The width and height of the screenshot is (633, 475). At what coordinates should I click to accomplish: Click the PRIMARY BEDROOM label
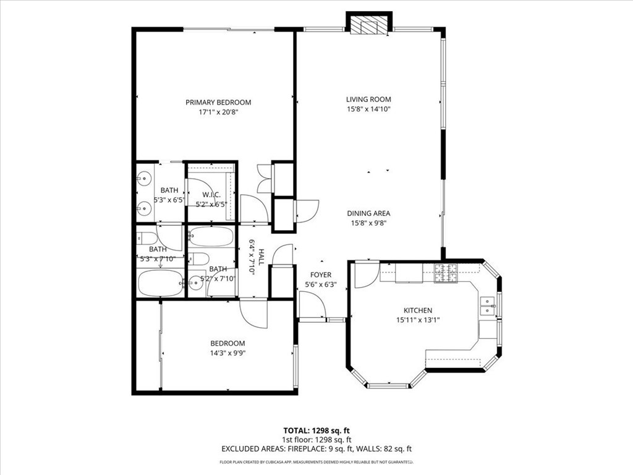(x=218, y=103)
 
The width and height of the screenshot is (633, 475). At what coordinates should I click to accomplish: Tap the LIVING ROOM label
(x=368, y=100)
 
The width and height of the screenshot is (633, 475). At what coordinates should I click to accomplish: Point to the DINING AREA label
(x=368, y=213)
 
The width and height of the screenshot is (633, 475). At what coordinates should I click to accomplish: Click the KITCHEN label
(x=418, y=310)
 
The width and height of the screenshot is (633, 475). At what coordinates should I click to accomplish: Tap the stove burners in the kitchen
(x=446, y=273)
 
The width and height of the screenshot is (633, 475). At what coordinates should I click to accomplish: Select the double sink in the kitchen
(x=487, y=306)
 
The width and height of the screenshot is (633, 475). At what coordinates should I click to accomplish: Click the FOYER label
(x=321, y=275)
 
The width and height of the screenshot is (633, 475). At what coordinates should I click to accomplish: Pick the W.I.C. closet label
(x=211, y=195)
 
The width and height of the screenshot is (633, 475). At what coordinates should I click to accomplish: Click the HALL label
(x=261, y=257)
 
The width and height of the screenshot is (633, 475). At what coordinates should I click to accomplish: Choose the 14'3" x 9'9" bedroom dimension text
(x=227, y=353)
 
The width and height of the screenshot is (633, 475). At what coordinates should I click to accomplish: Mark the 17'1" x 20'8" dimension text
(x=218, y=113)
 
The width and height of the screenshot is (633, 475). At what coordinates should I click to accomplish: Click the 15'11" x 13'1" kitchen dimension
(x=418, y=320)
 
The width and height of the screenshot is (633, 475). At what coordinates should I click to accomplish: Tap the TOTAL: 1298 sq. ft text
(x=316, y=430)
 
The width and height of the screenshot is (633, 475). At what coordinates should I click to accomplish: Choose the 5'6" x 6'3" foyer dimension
(x=321, y=285)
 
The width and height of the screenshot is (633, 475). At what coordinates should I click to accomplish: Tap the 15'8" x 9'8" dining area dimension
(x=368, y=223)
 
